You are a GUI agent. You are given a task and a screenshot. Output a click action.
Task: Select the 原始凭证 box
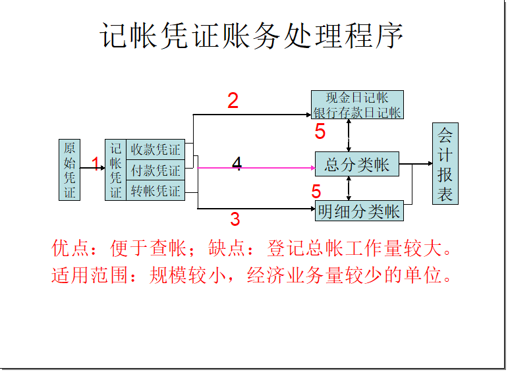(69, 169)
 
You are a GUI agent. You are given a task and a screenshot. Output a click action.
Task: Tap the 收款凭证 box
(155, 149)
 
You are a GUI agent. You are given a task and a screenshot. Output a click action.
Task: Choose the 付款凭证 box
(155, 171)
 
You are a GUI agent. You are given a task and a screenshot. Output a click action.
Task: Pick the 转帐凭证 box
(155, 191)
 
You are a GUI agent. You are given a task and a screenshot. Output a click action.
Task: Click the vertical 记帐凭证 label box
(115, 170)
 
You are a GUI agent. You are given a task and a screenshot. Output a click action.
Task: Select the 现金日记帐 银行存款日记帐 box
(357, 105)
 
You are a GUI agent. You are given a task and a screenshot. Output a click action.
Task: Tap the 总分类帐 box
(357, 165)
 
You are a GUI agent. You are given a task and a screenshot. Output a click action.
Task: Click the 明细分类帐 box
(359, 211)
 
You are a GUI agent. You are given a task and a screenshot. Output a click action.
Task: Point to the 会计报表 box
(445, 163)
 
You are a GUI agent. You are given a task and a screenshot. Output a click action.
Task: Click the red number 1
(96, 164)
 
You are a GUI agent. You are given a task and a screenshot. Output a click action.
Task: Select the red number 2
(233, 101)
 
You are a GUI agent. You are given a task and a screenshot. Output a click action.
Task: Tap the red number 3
(235, 219)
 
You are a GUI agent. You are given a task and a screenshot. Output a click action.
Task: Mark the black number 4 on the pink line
(237, 165)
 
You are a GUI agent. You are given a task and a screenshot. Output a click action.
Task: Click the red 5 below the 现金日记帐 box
(320, 132)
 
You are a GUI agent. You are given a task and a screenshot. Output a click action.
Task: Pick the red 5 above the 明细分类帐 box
(316, 192)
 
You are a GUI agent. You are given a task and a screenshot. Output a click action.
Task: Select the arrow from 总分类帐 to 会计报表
(415, 164)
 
